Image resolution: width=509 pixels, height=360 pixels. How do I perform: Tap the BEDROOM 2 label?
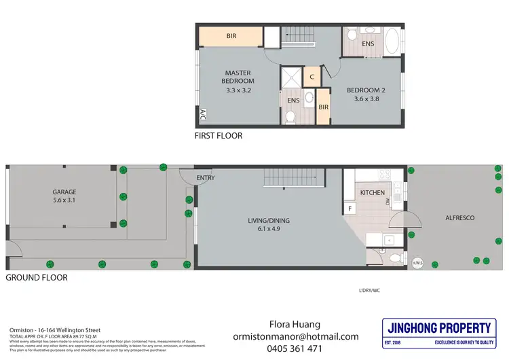pos(366,90)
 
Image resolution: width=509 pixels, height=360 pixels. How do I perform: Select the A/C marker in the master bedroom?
pos(202,116)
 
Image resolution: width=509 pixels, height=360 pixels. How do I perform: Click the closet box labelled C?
pos(312,77)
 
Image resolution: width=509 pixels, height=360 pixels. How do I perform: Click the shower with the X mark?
pos(291,77)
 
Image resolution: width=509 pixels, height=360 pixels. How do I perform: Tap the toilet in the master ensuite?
pos(290,117)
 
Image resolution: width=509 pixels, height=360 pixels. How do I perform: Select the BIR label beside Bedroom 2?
pos(323,107)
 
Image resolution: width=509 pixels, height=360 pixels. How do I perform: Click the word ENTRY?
pos(206,178)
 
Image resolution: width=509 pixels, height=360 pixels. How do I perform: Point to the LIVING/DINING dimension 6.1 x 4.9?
pos(269,228)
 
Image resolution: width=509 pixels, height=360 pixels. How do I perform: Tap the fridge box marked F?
pos(350,209)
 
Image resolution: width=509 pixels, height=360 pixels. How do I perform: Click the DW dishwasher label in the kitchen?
pos(387,202)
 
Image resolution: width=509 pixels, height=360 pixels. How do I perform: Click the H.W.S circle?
pos(418,262)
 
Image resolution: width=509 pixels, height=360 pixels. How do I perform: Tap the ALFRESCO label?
pos(461,217)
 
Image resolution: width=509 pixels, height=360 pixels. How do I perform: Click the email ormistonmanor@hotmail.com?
pos(296,336)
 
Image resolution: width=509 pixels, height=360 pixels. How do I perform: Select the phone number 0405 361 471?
pos(296,349)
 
